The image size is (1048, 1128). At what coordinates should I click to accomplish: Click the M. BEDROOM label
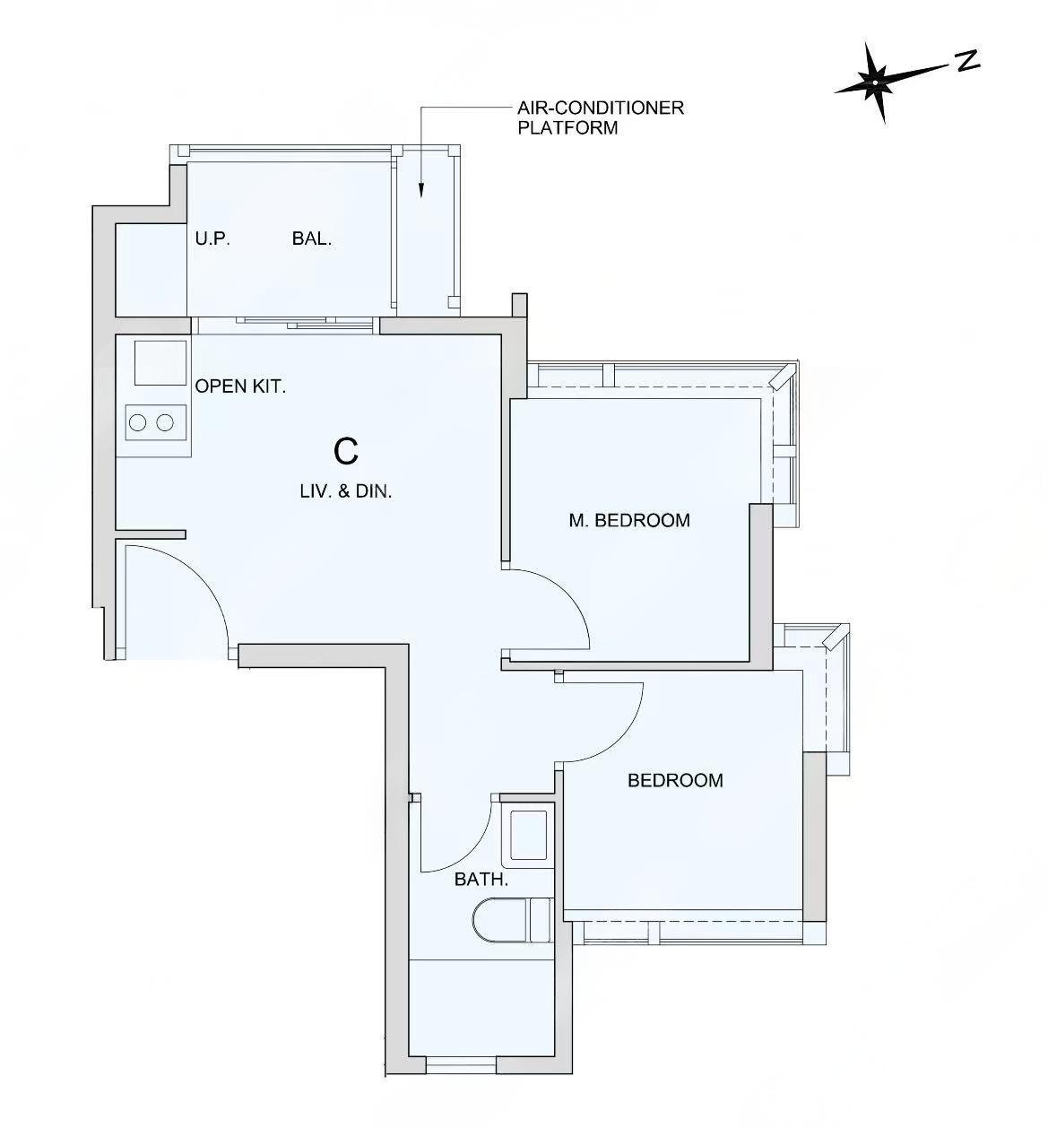pyautogui.click(x=628, y=520)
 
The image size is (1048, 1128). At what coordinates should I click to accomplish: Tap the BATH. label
pyautogui.click(x=481, y=880)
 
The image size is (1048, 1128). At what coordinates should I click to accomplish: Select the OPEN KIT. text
pyautogui.click(x=240, y=386)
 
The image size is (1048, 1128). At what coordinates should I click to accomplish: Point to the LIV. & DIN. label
pyautogui.click(x=346, y=491)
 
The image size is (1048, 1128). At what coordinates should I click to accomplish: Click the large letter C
pyautogui.click(x=346, y=452)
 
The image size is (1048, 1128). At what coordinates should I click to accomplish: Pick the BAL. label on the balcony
pyautogui.click(x=312, y=239)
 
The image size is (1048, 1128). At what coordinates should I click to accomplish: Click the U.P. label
pyautogui.click(x=212, y=239)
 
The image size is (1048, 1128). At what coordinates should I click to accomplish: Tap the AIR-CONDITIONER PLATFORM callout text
pyautogui.click(x=600, y=117)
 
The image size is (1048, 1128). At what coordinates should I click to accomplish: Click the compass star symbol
pyautogui.click(x=875, y=82)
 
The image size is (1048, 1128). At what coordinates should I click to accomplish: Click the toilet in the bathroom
pyautogui.click(x=512, y=921)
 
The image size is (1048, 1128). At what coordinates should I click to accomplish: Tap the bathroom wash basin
pyautogui.click(x=528, y=836)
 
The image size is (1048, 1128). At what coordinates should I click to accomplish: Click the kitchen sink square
pyautogui.click(x=160, y=363)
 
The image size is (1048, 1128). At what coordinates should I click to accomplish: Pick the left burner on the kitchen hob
pyautogui.click(x=137, y=422)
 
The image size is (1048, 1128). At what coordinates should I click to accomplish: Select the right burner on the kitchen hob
pyautogui.click(x=165, y=422)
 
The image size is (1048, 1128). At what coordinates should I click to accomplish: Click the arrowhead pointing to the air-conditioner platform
pyautogui.click(x=421, y=190)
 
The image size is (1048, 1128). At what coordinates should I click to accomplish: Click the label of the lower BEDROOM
pyautogui.click(x=675, y=780)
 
